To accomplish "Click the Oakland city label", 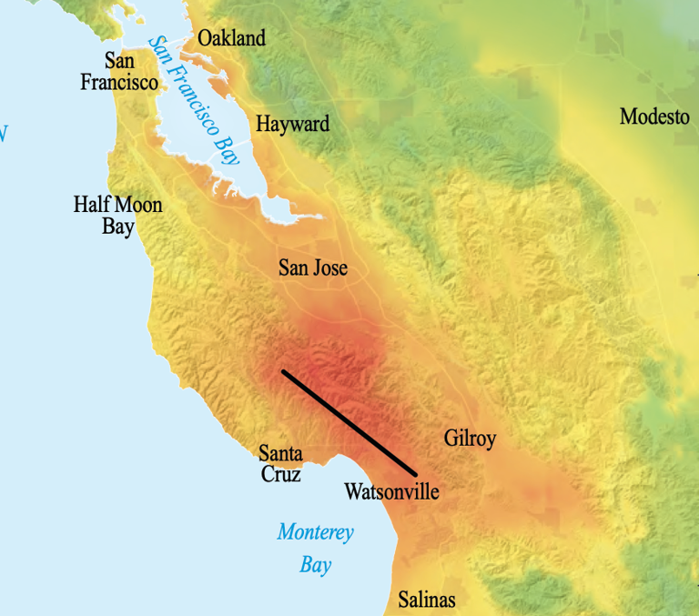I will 232,38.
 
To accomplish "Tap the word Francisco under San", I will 119,82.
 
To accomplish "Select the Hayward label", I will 293,124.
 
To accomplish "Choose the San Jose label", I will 312,268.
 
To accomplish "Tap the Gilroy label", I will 470,439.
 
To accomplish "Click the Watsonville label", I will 391,492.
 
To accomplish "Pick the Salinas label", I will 427,600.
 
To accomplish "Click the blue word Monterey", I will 315,532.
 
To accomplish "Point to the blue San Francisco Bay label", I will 194,98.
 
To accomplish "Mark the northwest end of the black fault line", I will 284,371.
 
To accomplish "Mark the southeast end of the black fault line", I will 415,474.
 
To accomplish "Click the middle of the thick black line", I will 349,423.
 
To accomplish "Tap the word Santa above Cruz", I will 281,452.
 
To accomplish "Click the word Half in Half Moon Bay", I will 92,204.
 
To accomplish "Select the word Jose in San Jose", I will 329,268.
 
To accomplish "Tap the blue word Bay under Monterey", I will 316,565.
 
